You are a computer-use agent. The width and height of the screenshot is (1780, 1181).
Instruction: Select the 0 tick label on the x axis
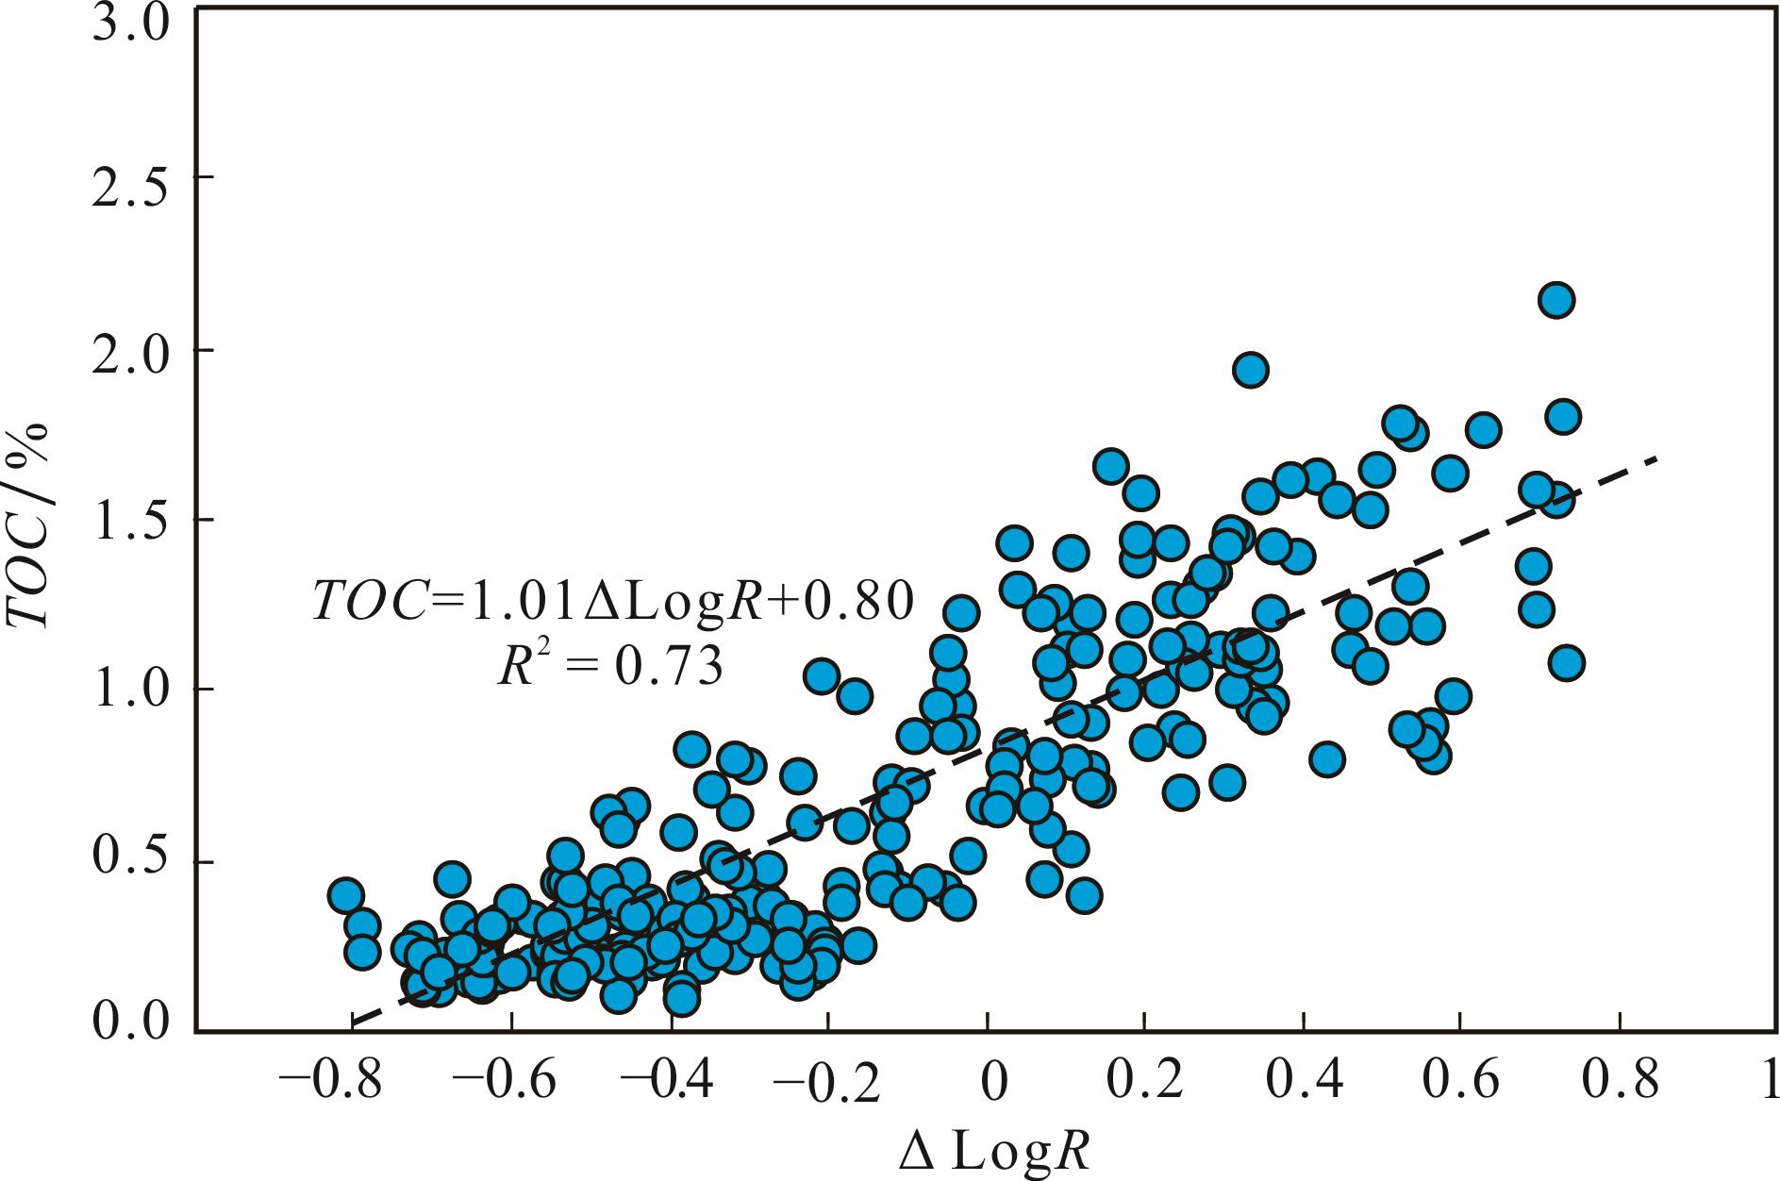988,1080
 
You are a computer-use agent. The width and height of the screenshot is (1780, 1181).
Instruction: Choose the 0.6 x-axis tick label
1459,1080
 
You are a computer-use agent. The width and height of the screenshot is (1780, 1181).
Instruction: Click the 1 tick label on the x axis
1768,1080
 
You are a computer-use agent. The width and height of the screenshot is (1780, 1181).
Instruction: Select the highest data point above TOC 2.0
1556,301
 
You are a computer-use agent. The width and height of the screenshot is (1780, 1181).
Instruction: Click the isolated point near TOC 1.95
1251,370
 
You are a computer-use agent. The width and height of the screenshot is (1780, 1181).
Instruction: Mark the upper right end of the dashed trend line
1655,458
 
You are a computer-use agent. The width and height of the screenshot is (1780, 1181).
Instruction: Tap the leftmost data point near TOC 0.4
346,895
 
